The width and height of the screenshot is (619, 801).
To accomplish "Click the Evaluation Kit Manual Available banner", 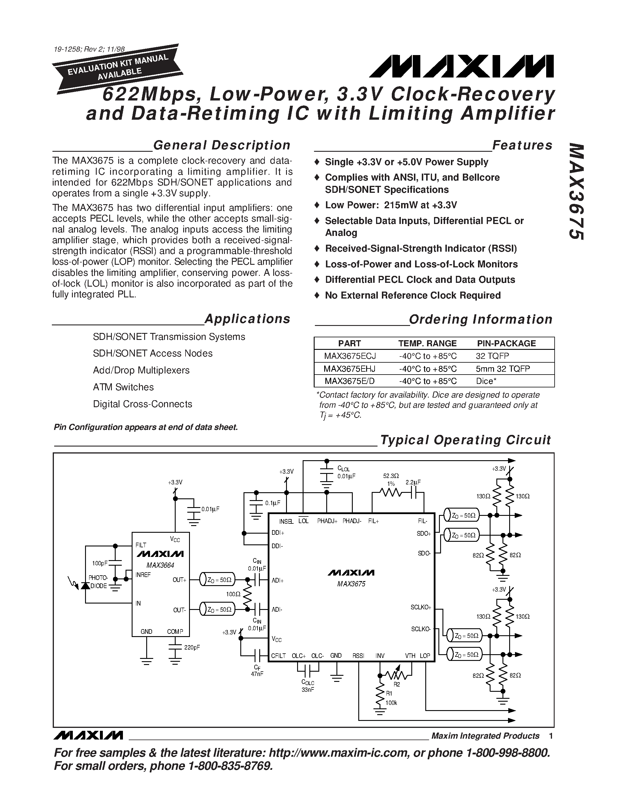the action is [118, 68].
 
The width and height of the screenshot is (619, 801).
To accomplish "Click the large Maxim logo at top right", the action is [461, 66].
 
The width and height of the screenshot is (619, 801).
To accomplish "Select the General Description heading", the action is [221, 145].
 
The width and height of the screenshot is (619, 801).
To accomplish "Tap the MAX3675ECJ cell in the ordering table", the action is [350, 356].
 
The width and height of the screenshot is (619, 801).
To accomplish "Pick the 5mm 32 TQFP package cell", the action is [503, 368].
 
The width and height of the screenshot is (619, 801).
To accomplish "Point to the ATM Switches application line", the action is [123, 387].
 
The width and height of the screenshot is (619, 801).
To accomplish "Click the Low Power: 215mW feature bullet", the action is [391, 205].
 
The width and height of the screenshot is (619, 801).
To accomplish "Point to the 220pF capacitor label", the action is [192, 648].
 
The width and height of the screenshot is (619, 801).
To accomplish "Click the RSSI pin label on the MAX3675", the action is [358, 656].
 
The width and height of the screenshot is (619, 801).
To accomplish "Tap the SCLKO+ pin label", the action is [421, 607].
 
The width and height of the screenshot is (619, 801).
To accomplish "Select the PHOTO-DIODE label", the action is [98, 582].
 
